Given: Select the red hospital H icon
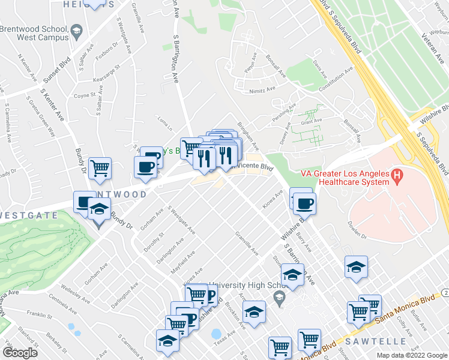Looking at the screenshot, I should pyautogui.click(x=396, y=176).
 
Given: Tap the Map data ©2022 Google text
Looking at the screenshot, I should pyautogui.click(x=412, y=355).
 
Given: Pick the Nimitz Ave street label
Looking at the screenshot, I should pyautogui.click(x=262, y=91).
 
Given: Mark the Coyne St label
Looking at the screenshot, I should pyautogui.click(x=84, y=95).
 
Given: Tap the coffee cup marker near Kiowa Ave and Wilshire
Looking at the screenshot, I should pyautogui.click(x=305, y=203).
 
